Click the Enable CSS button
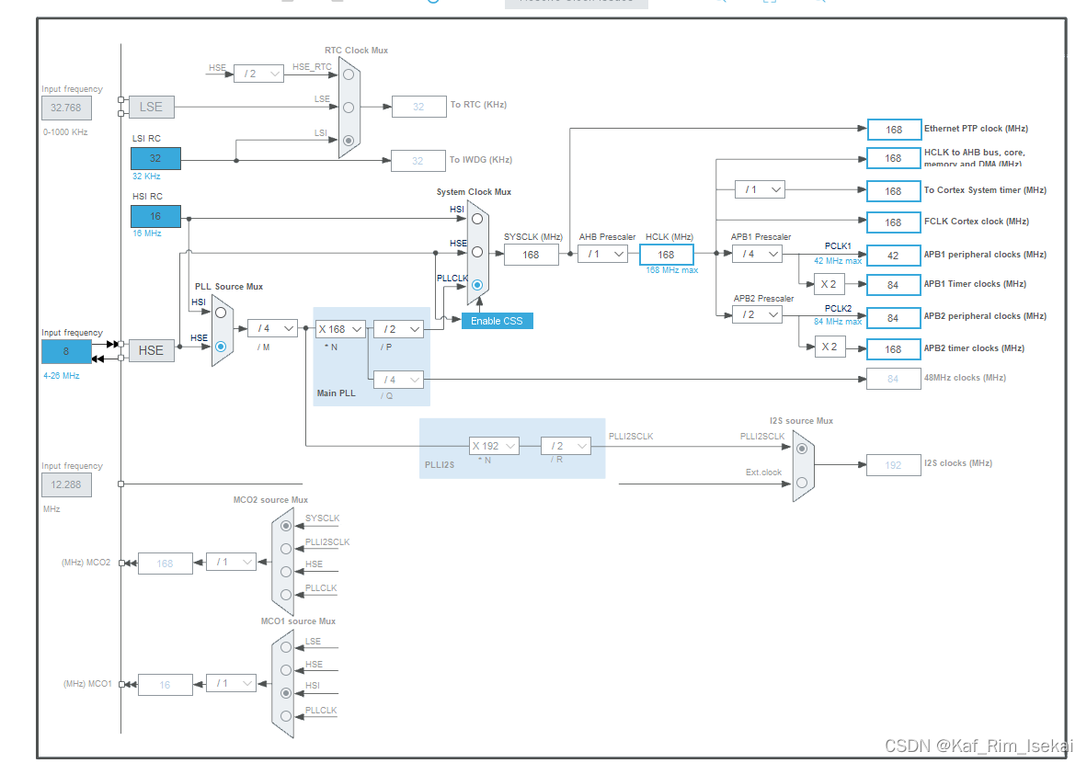coord(497,321)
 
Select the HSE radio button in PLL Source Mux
coord(221,347)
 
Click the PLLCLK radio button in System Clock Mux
coord(476,286)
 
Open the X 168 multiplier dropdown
coord(340,328)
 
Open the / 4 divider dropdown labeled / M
coord(272,328)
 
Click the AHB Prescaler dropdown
coord(602,254)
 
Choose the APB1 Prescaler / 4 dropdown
coord(757,254)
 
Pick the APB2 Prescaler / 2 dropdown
coord(757,314)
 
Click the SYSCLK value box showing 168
coord(531,255)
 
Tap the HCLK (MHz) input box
coord(666,255)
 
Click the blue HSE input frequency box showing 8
coord(66,351)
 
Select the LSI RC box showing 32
coord(155,158)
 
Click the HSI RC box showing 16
coord(155,216)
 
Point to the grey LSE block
coord(151,107)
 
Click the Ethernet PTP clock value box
coord(893,130)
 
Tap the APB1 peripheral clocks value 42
coord(893,255)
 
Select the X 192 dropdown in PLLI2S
coord(494,446)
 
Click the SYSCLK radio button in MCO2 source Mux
coord(286,525)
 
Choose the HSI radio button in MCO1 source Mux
coord(286,692)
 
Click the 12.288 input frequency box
coord(66,484)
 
